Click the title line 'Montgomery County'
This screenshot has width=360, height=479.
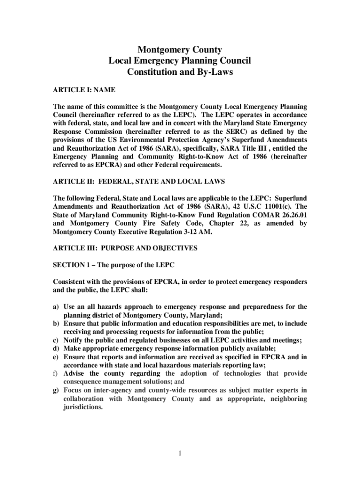[x=180, y=50]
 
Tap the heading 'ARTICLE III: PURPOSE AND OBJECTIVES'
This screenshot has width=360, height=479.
[x=125, y=248]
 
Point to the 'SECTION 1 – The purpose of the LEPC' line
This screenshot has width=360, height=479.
[x=114, y=265]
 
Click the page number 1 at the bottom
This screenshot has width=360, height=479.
[x=180, y=453]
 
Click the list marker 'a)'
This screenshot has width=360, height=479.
[x=56, y=307]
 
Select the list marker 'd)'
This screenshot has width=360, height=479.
[x=56, y=348]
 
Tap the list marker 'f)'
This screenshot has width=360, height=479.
[x=56, y=373]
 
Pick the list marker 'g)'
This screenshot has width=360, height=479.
[x=56, y=390]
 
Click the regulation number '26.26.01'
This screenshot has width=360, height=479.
[x=292, y=215]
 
